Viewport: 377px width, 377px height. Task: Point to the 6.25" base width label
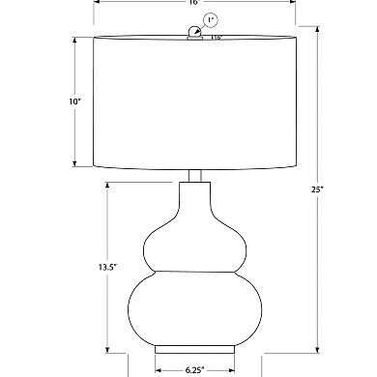pyautogui.click(x=193, y=368)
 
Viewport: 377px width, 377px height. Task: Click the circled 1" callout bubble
pyautogui.click(x=211, y=19)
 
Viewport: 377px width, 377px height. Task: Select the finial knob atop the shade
pyautogui.click(x=194, y=34)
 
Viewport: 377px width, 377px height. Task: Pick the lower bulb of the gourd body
pyautogui.click(x=193, y=305)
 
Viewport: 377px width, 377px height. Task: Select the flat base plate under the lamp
pyautogui.click(x=193, y=347)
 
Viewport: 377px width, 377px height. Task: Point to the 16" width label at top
pyautogui.click(x=191, y=4)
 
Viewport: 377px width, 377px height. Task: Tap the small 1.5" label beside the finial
pyautogui.click(x=217, y=37)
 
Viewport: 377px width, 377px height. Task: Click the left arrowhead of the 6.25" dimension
pyautogui.click(x=158, y=368)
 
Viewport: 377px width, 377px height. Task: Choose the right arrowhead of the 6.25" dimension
pyautogui.click(x=232, y=368)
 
